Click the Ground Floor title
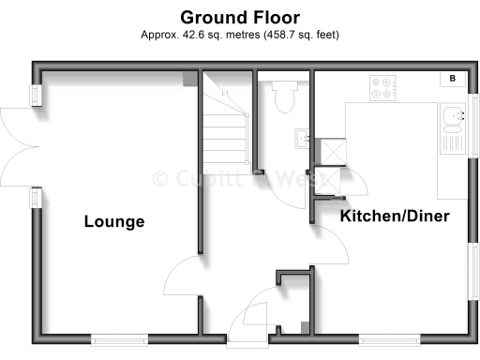[240, 17]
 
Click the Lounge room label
[114, 222]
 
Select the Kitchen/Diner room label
[394, 217]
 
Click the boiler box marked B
[452, 79]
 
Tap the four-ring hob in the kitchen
[382, 87]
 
